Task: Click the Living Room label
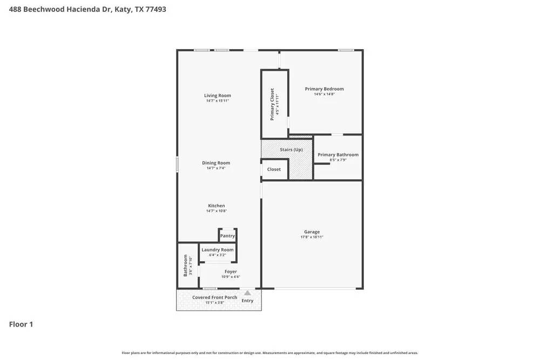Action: [217, 96]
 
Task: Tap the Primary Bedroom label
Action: [324, 89]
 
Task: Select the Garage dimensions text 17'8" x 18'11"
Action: [312, 237]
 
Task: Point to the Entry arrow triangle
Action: [247, 293]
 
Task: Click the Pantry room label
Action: [227, 236]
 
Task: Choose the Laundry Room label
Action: [217, 250]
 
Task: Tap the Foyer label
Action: [231, 271]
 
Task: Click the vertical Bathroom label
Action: [185, 266]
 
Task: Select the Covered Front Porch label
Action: [214, 297]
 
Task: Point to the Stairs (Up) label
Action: [291, 150]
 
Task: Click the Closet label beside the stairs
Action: [274, 169]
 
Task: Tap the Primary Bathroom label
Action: [337, 155]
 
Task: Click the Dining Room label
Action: [216, 163]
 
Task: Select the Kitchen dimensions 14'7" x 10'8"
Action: [216, 211]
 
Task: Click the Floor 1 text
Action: [21, 324]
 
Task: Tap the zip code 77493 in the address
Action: [154, 9]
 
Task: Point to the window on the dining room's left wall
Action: [177, 165]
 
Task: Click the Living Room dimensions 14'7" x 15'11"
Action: [217, 101]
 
